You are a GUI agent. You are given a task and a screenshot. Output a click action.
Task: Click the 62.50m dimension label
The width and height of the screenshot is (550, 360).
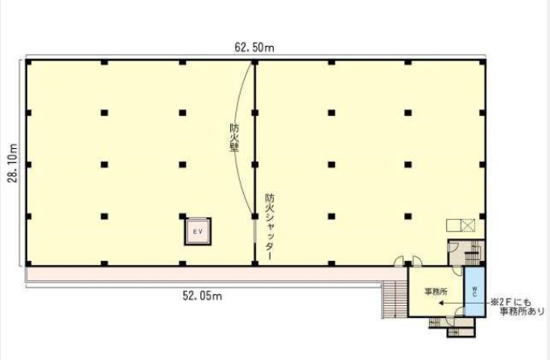[x=254, y=48]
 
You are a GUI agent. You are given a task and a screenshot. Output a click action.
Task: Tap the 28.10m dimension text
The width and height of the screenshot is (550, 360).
[x=14, y=163]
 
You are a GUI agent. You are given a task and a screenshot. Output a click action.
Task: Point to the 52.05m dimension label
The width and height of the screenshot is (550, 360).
[x=202, y=296]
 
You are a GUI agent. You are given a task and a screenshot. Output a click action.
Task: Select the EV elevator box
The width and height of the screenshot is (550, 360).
[x=198, y=232]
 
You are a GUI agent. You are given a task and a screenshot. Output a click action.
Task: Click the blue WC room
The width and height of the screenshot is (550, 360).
[x=474, y=292]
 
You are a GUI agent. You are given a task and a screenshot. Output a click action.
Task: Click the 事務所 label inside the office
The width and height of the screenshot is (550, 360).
[x=436, y=292]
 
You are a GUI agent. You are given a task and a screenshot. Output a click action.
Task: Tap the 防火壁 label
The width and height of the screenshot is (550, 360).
[x=234, y=137]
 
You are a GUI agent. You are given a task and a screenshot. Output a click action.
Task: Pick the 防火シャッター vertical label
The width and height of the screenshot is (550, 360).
[x=270, y=226]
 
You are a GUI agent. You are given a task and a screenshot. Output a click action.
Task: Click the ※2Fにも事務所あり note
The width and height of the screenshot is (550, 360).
[x=517, y=307]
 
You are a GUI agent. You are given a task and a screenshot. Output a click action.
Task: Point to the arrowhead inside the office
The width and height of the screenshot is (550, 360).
[x=441, y=303]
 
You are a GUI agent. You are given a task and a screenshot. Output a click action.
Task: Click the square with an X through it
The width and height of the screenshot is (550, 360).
[x=468, y=226]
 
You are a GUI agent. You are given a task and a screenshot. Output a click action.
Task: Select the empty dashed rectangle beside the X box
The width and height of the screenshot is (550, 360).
[x=453, y=226]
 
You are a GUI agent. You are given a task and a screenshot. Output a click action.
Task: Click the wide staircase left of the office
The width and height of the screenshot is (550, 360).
[x=395, y=300]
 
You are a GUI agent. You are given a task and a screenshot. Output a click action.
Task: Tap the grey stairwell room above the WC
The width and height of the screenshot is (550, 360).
[x=466, y=253]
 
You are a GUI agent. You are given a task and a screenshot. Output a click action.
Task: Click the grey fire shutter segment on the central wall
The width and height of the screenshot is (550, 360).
[x=254, y=231]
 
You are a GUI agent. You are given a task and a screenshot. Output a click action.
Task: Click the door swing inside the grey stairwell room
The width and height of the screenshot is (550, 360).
[x=453, y=246]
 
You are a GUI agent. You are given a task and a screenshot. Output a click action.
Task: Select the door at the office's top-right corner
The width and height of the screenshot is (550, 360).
[x=457, y=271]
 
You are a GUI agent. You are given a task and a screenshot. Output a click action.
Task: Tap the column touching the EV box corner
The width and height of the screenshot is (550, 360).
[x=183, y=216]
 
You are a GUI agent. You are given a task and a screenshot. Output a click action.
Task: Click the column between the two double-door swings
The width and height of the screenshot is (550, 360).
[x=407, y=263]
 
